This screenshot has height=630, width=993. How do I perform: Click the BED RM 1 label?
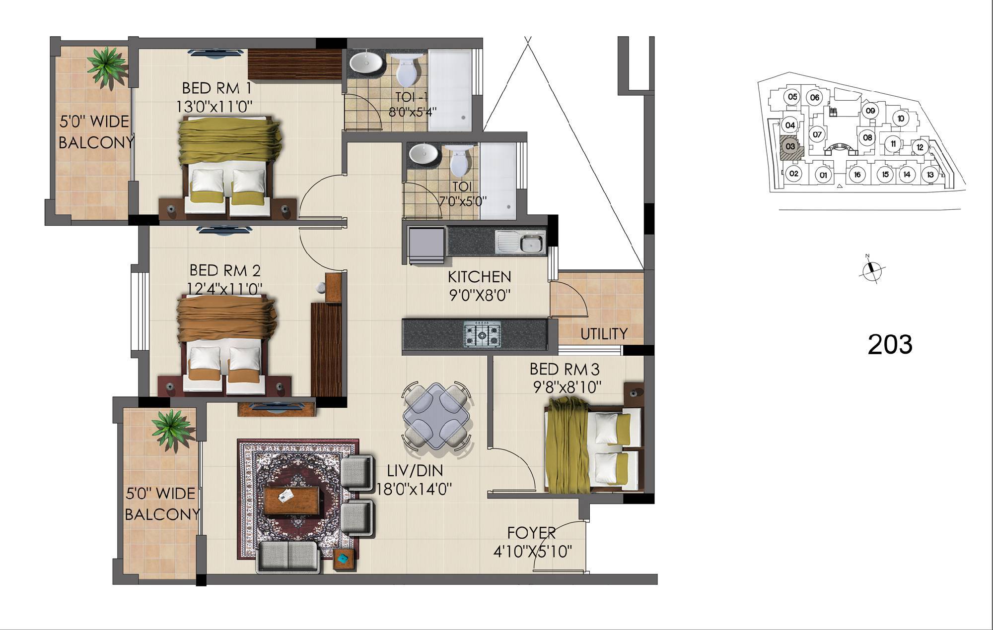click(216, 88)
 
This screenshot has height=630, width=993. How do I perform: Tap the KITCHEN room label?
click(479, 277)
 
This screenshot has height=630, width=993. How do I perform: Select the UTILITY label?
click(604, 334)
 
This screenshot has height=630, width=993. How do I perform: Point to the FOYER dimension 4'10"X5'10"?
click(533, 551)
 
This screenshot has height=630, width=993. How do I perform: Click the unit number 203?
click(890, 344)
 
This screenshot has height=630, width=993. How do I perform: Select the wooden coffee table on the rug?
click(291, 501)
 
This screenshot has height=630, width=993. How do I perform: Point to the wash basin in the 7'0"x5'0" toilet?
click(424, 154)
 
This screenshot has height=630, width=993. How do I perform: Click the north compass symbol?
click(871, 270)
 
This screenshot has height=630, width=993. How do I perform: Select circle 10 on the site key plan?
click(901, 118)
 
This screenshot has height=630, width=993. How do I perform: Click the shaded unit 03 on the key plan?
click(789, 146)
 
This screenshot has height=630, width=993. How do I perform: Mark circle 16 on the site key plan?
click(857, 175)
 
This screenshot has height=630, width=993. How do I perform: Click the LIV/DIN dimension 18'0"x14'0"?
click(414, 489)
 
